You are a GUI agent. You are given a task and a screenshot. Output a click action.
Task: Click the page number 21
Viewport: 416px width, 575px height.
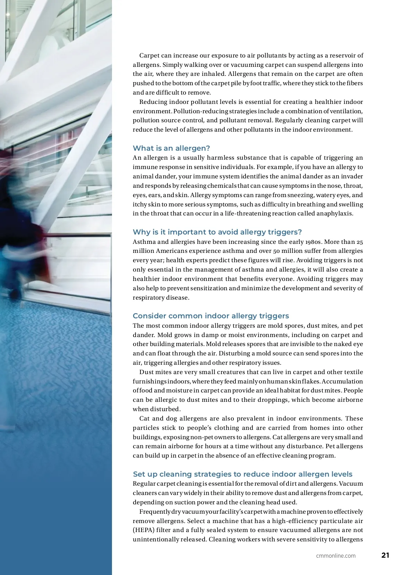point(385,555)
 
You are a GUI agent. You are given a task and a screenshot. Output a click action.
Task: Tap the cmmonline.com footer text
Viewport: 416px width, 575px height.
point(336,556)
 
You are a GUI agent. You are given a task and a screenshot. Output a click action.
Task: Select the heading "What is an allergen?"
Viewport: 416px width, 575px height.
point(171,148)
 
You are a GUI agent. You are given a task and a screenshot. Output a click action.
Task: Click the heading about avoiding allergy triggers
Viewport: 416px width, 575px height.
point(217,232)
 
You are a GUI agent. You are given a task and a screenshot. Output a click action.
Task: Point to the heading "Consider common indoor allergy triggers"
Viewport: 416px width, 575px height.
point(211,316)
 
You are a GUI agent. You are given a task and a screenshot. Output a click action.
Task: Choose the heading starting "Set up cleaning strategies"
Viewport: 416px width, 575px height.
point(243,474)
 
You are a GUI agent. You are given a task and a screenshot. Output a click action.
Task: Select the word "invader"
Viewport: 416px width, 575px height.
point(352,176)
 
